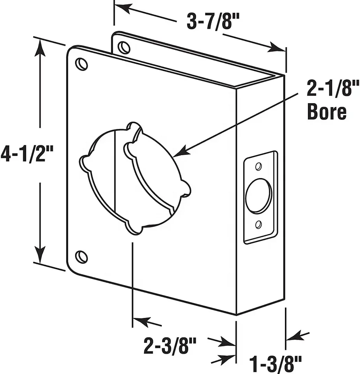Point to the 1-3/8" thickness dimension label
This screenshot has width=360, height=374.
(x=275, y=365)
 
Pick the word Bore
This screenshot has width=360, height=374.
(x=327, y=112)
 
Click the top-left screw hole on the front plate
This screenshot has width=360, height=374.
(x=81, y=64)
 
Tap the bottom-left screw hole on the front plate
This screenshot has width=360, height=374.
(x=81, y=257)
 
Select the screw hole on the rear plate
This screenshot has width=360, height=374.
(x=124, y=48)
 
